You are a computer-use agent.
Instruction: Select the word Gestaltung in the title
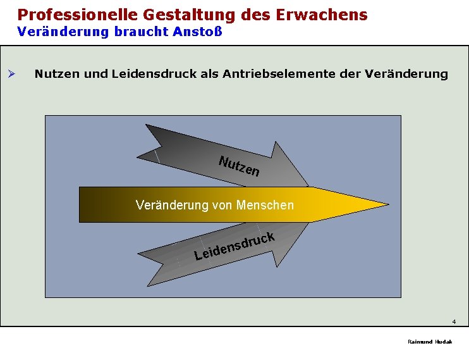click(183, 15)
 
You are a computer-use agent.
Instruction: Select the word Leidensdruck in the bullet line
click(150, 74)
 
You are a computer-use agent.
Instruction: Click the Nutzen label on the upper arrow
click(238, 165)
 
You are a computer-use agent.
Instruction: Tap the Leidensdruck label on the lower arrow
click(234, 247)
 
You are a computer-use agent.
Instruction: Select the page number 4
click(454, 321)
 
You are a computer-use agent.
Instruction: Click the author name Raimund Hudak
click(430, 342)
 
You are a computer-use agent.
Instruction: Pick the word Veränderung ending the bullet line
click(406, 74)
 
